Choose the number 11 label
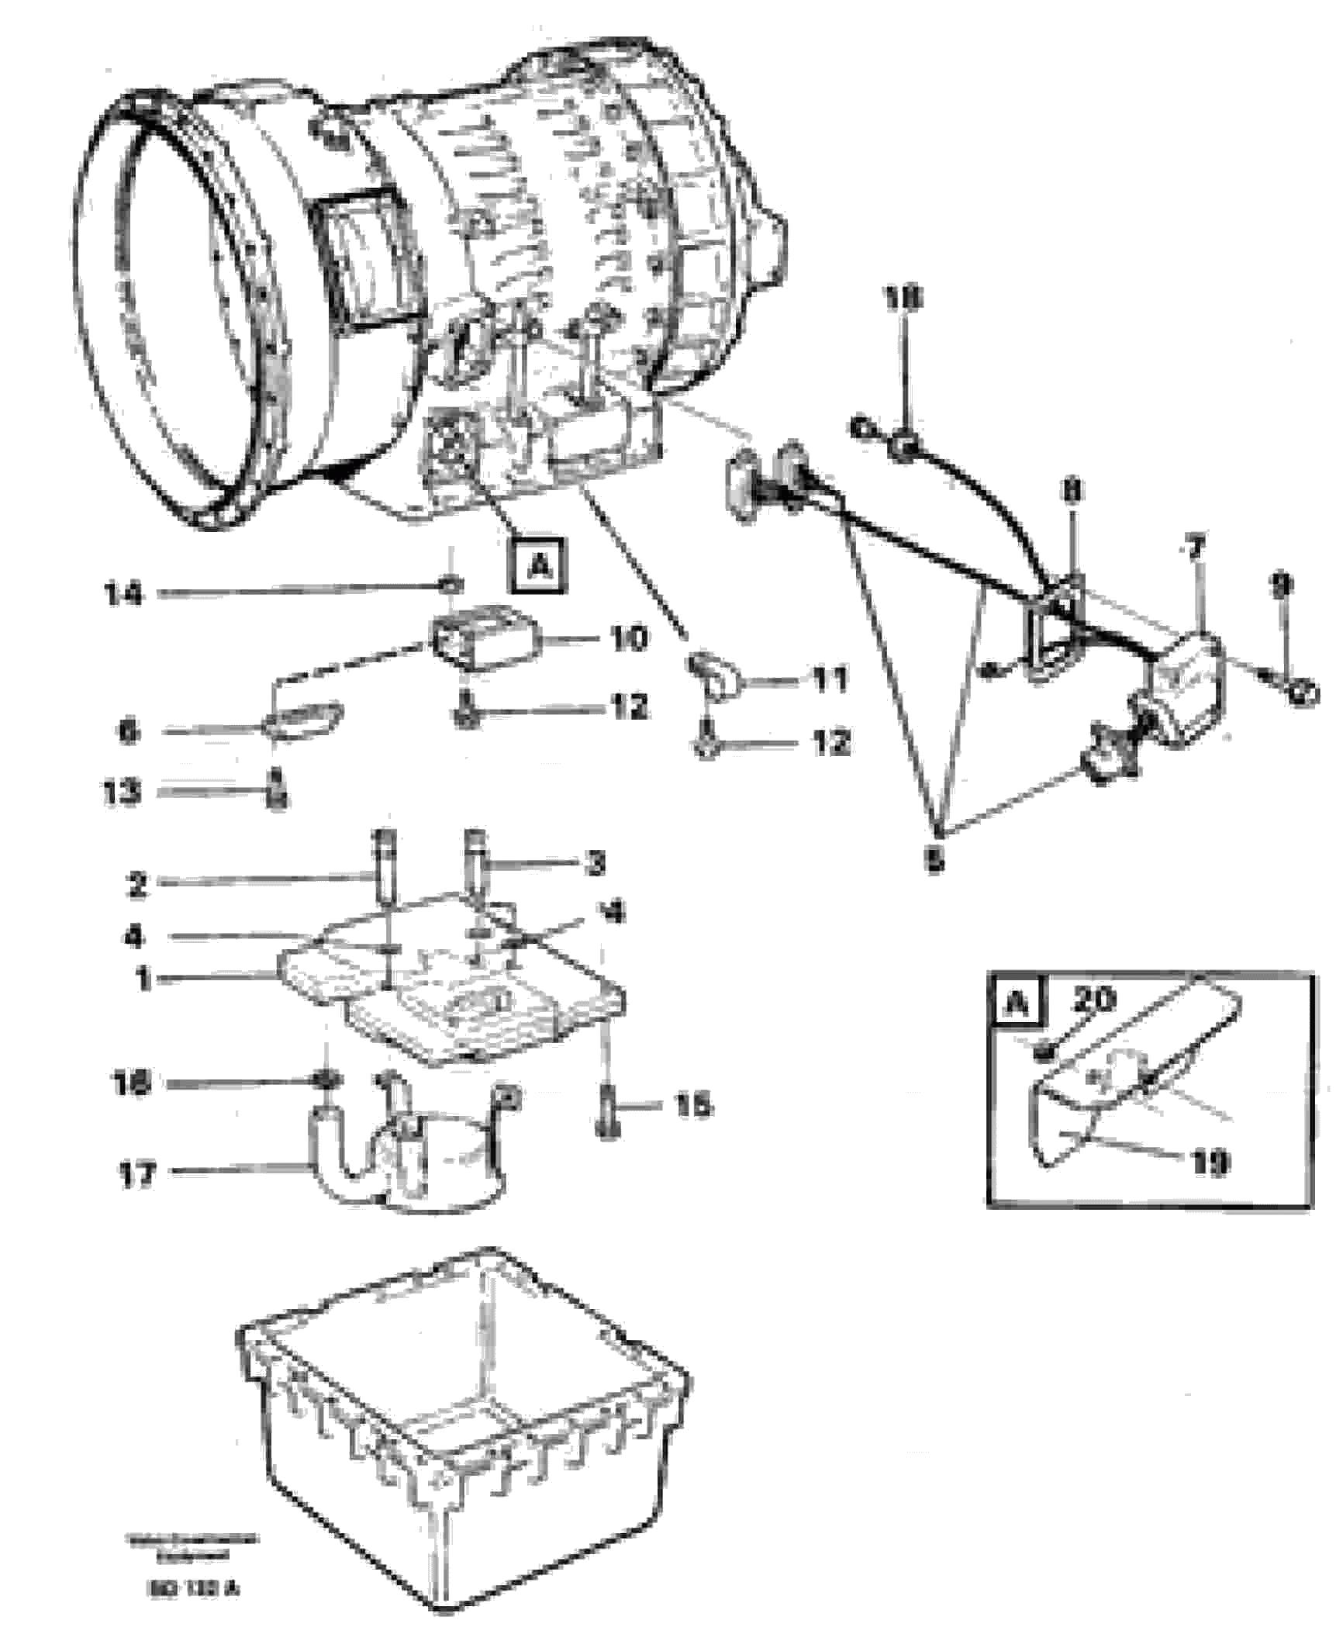830,680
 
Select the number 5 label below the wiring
935,860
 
